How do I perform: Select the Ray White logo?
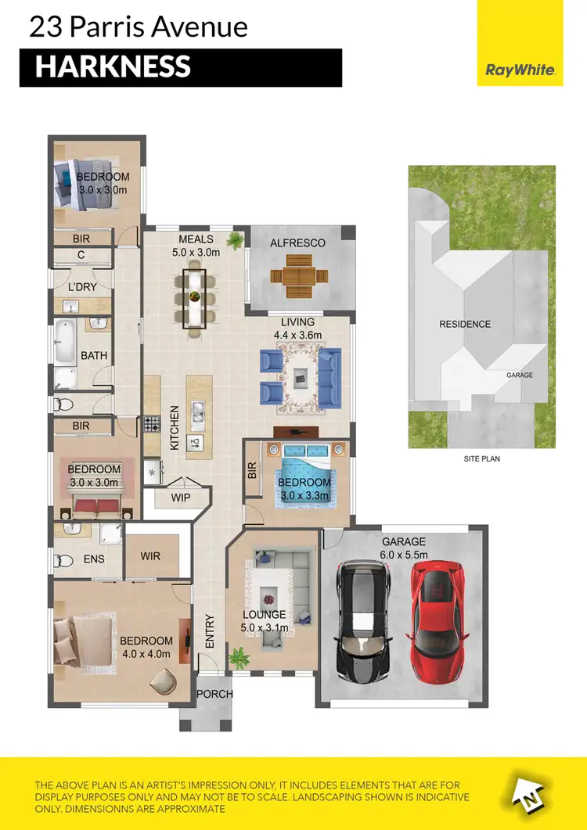coord(520,70)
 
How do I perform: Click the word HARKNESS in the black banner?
coord(113,67)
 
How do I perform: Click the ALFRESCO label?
coord(297,243)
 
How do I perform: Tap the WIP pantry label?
coord(181,497)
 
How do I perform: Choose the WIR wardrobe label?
coord(151,556)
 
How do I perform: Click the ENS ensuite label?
coord(94,560)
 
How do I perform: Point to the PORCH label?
coord(214,694)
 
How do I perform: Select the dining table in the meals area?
coord(195,298)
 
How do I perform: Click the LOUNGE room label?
coord(265,615)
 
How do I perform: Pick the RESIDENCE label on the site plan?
coord(465,324)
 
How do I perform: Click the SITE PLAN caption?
coord(481,458)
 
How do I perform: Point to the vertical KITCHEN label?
coord(175,427)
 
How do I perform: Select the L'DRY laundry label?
coord(81,287)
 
